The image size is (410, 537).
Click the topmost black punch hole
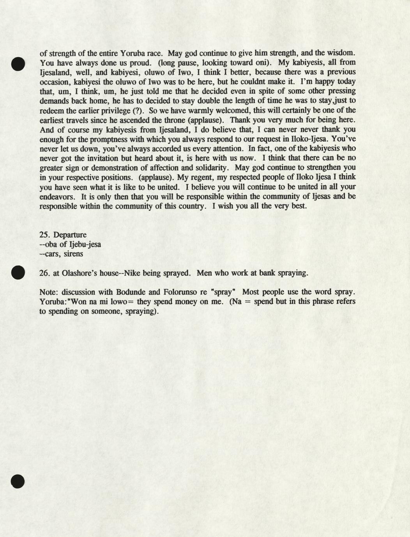[x=18, y=63]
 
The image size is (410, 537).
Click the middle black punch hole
[x=18, y=273]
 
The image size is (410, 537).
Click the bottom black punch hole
[x=18, y=481]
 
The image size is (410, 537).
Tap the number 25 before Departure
[x=44, y=235]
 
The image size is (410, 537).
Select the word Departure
[x=70, y=235]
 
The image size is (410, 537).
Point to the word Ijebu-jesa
[x=85, y=245]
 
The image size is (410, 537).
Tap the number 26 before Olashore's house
[x=44, y=273]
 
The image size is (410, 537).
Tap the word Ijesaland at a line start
[x=56, y=72]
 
